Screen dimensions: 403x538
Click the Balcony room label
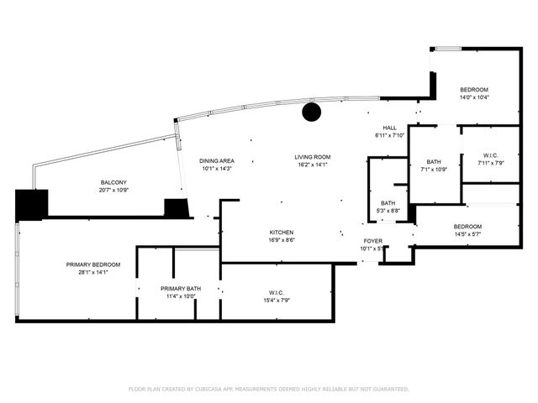(113, 182)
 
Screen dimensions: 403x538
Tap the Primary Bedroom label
(93, 264)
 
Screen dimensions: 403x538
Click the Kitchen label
(282, 232)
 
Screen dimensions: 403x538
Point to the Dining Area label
(216, 160)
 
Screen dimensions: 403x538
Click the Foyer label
(372, 241)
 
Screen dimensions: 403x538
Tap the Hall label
(389, 128)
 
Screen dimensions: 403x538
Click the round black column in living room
(312, 113)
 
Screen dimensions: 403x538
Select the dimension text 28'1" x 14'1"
(93, 272)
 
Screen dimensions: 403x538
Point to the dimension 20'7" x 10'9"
(113, 190)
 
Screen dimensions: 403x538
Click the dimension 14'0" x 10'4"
(474, 97)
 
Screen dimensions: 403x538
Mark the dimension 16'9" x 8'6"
(282, 239)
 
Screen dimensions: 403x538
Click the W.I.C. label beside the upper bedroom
(492, 154)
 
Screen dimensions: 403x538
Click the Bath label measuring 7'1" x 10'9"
(434, 162)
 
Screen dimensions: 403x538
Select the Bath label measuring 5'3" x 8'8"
(388, 202)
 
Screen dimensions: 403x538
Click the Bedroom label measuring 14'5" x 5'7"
(467, 227)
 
